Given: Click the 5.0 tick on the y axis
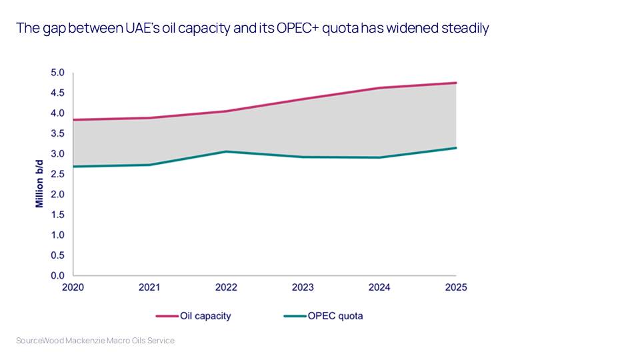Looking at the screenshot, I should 59,73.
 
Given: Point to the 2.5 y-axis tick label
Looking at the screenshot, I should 59,174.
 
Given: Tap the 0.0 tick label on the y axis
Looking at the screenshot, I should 59,275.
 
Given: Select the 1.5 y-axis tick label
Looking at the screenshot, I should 59,215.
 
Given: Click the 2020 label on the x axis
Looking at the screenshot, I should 73,288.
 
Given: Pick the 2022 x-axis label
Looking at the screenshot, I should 226,288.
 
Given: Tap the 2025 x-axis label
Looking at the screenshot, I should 456,288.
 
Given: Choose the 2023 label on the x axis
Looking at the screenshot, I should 303,288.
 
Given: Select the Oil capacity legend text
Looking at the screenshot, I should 205,316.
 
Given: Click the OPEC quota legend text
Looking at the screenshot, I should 335,316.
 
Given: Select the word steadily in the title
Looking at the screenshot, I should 463,29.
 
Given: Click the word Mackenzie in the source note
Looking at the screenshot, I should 89,341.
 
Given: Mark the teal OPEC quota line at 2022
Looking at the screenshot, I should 226,151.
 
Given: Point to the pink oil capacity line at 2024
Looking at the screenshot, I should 379,88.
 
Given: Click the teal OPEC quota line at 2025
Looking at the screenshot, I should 455,148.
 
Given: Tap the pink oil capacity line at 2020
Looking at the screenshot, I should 74,120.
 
